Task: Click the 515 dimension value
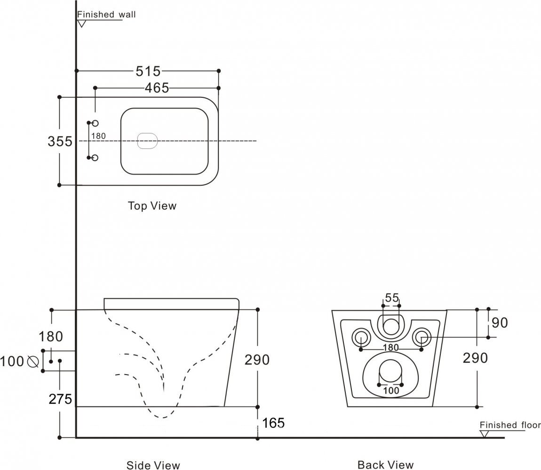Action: point(148,71)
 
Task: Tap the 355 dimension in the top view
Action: point(60,141)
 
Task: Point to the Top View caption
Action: point(152,206)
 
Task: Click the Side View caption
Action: point(153,465)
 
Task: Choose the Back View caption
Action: point(386,465)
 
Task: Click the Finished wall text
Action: point(106,14)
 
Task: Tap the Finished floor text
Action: point(510,425)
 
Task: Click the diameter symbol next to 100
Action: point(33,361)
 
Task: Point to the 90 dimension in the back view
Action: point(500,323)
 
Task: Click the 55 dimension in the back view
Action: point(392,298)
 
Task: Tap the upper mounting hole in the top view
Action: point(95,123)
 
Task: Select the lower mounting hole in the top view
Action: point(95,157)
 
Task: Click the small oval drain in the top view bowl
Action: point(147,141)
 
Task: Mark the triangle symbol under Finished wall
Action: point(82,23)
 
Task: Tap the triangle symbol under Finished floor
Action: point(484,434)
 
